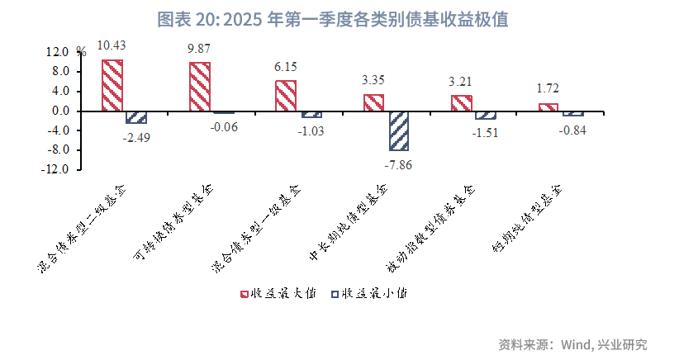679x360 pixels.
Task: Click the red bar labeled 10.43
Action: click(113, 85)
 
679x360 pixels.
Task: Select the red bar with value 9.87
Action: click(200, 87)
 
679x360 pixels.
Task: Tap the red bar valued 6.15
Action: click(286, 96)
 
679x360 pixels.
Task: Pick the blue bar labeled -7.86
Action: click(398, 130)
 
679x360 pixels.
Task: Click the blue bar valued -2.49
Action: click(136, 117)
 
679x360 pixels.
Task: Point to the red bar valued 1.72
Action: click(548, 107)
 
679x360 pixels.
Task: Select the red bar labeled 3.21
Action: click(462, 103)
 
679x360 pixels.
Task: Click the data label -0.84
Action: click(572, 130)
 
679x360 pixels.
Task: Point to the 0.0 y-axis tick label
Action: click(61, 111)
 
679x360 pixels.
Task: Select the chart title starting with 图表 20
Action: click(339, 18)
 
